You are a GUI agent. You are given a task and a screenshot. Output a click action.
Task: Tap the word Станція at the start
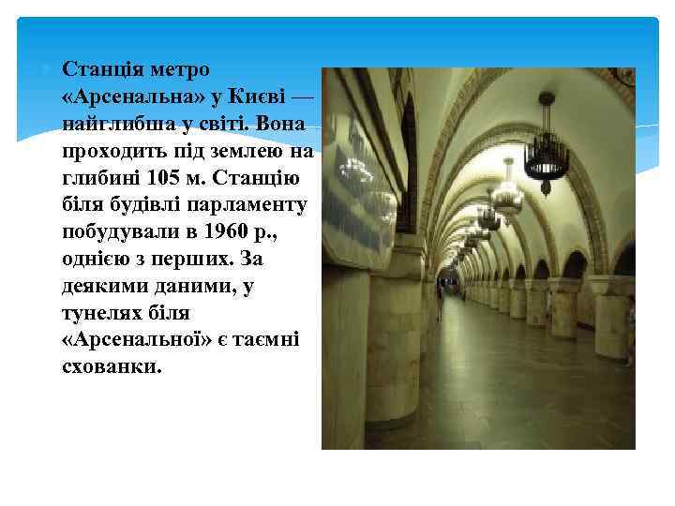click(103, 71)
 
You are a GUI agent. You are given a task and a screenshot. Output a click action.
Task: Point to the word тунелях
click(102, 312)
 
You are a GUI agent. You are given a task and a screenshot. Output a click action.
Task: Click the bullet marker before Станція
click(49, 69)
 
